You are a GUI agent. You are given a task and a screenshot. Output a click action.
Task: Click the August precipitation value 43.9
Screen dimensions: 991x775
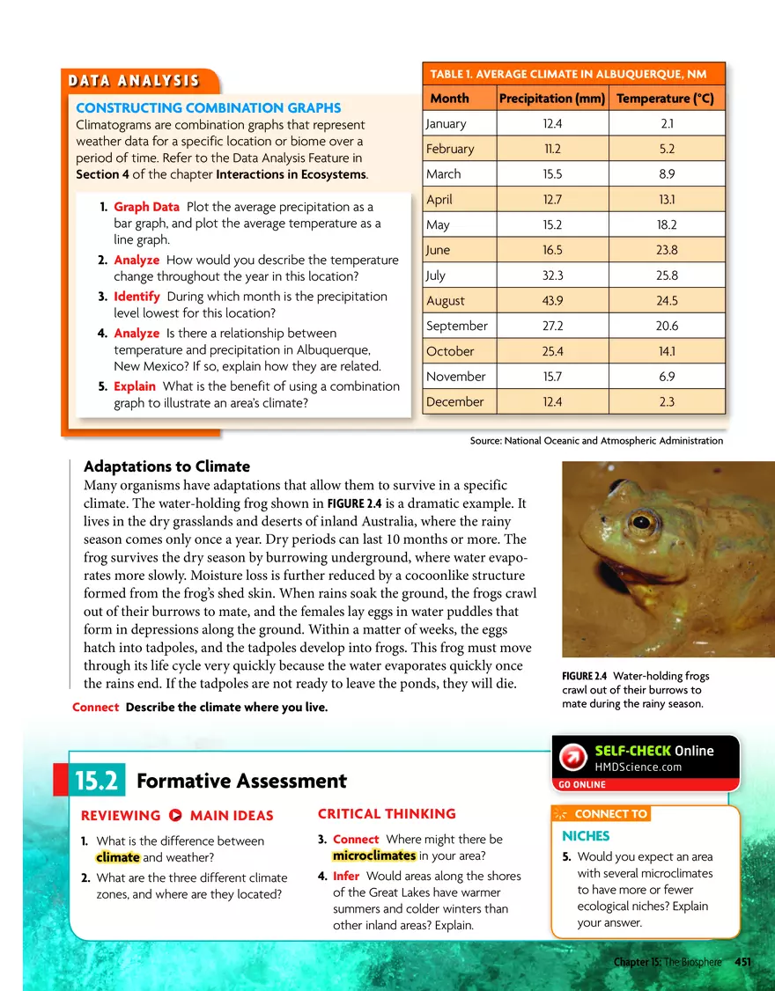(x=551, y=301)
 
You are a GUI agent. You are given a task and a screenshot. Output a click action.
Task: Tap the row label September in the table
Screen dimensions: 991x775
(x=456, y=327)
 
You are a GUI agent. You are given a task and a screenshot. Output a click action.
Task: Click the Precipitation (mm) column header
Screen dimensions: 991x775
(x=551, y=99)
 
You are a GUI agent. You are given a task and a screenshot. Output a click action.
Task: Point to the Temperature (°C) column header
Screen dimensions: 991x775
(x=665, y=99)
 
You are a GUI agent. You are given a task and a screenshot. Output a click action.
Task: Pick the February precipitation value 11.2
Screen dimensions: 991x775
(x=551, y=149)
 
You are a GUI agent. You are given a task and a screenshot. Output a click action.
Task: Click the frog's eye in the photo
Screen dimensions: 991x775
(x=642, y=521)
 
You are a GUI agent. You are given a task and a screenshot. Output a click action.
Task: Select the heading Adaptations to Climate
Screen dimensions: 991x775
(x=166, y=466)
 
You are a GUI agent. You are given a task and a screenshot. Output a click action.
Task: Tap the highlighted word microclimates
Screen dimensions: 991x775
(x=374, y=855)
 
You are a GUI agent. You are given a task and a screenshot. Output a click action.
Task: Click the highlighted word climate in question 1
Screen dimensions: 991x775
(x=118, y=857)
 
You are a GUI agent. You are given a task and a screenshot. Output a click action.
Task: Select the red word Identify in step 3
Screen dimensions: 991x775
(x=137, y=297)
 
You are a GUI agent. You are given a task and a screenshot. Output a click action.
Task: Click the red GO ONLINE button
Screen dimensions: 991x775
(x=579, y=784)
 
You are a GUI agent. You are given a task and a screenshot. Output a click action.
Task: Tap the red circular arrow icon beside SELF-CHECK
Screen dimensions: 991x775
(x=573, y=758)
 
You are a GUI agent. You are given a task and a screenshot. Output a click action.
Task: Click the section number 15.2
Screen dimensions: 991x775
(x=99, y=781)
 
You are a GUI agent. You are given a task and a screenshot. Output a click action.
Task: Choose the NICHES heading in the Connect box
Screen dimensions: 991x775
(x=586, y=836)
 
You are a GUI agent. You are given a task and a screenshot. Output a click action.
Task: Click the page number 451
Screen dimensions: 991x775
(x=742, y=962)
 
